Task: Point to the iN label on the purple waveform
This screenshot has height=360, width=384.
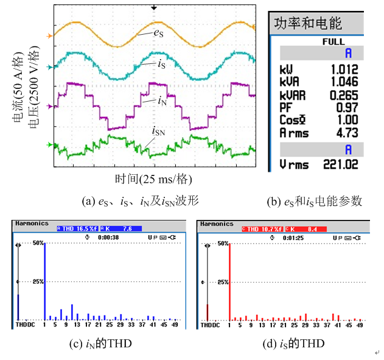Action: (x=162, y=102)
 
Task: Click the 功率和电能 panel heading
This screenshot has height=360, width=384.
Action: (x=308, y=24)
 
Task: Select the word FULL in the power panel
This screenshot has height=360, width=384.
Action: (x=333, y=42)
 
